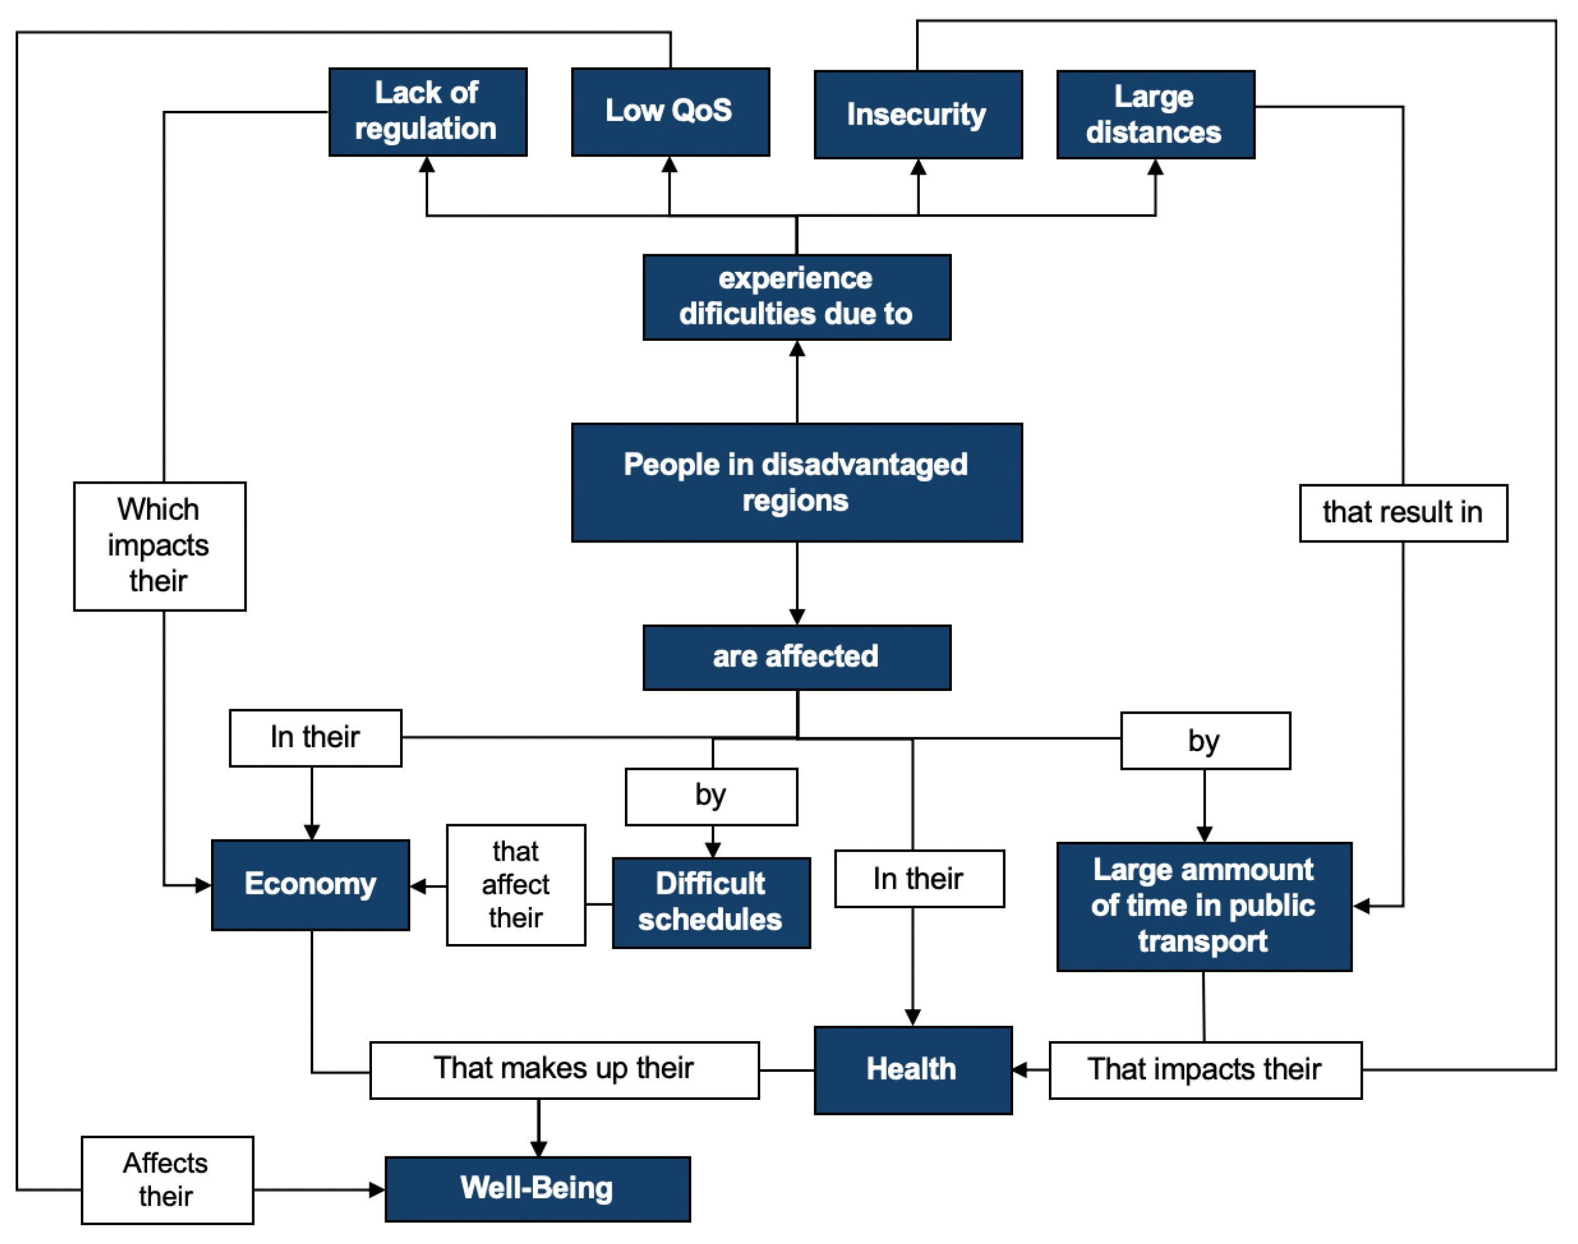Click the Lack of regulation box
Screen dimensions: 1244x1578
[x=428, y=111]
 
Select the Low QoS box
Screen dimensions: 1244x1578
[x=670, y=111]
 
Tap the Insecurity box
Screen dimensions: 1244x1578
[x=917, y=115]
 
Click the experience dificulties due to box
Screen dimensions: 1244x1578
[x=797, y=297]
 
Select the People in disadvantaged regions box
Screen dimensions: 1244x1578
[x=797, y=482]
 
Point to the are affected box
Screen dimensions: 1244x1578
[x=797, y=657]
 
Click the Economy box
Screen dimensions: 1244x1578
[x=310, y=884]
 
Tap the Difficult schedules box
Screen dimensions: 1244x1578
[x=711, y=903]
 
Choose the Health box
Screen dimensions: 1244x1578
[x=912, y=1069]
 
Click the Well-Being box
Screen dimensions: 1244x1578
[x=537, y=1189]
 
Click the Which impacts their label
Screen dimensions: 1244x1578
[x=160, y=546]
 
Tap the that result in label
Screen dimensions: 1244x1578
[x=1403, y=513]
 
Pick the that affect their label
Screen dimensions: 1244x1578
[x=515, y=884]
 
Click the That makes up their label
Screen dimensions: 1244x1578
[x=564, y=1069]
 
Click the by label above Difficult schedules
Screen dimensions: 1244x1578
[x=711, y=796]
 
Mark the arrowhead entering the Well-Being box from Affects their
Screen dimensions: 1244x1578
[x=377, y=1190]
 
